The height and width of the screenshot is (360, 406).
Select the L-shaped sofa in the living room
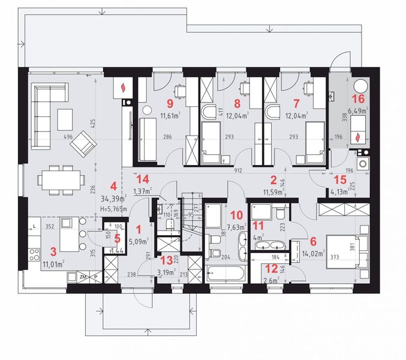[x=42, y=114]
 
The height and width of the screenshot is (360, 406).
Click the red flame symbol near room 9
[x=124, y=88]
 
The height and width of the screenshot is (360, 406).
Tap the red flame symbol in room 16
[x=359, y=137]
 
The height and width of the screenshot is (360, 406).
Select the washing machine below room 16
[x=363, y=164]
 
